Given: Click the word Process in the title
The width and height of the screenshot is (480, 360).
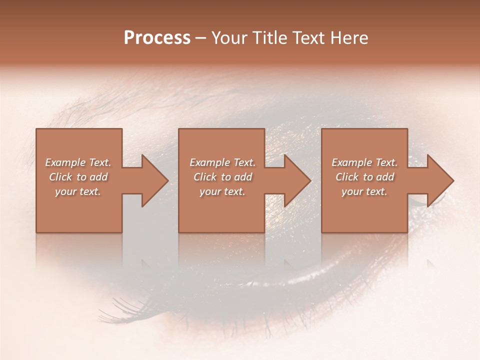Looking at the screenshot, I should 157,38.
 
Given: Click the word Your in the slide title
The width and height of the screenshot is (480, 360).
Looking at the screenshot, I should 229,38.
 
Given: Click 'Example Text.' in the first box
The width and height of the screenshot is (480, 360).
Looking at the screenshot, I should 78,162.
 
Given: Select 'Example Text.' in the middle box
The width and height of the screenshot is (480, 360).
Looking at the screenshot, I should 222,162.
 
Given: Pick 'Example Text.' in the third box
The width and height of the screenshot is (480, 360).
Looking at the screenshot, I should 364,162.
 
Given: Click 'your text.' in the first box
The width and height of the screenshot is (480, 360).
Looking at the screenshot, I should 78,191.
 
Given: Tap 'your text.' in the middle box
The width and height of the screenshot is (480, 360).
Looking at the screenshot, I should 222,191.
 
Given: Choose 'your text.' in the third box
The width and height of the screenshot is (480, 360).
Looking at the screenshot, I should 364,191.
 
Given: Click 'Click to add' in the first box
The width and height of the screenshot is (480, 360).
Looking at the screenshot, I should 78,177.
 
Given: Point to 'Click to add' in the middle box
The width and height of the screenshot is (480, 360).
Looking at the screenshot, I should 222,177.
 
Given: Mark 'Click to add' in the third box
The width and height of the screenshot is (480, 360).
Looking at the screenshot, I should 364,177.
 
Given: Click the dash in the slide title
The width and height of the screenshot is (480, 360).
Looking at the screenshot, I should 200,38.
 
